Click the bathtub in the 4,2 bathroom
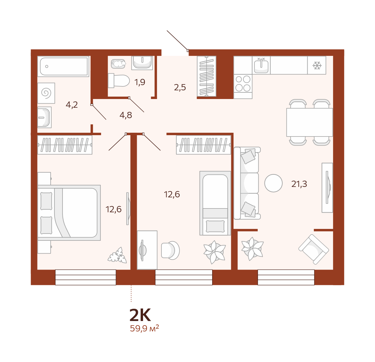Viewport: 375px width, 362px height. pos(64,66)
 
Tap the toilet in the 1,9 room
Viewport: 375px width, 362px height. pos(119,81)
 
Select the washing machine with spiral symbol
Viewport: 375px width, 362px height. pos(46,93)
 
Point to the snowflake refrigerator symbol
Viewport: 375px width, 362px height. pos(317,65)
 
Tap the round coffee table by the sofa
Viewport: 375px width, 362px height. pos(273,183)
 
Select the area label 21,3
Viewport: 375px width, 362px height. pos(299,184)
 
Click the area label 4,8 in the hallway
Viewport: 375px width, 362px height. pos(126,115)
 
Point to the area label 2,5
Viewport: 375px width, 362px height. pos(180,88)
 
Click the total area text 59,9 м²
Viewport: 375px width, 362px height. pos(144,328)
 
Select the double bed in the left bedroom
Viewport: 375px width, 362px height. pos(69,213)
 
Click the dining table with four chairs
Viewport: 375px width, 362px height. pos(310,122)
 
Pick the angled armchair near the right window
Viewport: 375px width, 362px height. pos(314,249)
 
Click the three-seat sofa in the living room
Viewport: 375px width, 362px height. pos(247,183)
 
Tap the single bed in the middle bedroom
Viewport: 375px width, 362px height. pos(215,203)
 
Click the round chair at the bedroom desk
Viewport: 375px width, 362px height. pos(170,250)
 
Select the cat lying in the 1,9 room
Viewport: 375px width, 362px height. pos(118,64)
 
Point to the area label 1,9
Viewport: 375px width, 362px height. pos(140,82)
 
